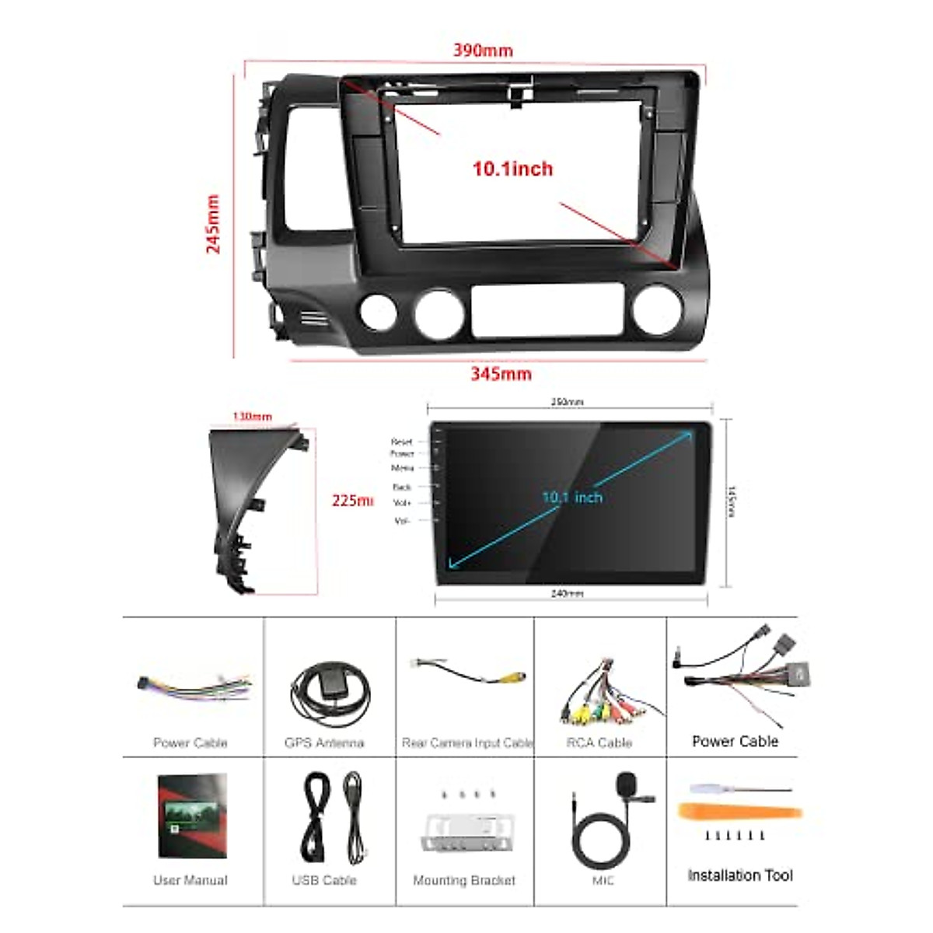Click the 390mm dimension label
(x=483, y=51)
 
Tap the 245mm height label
(x=213, y=224)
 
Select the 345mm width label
(x=501, y=374)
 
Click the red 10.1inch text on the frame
(x=512, y=169)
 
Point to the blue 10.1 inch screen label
(x=572, y=497)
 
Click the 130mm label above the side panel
(x=253, y=417)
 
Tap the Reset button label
(x=402, y=442)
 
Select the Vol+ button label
(x=402, y=503)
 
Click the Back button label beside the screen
(x=402, y=487)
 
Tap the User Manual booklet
(x=192, y=816)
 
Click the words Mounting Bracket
(x=464, y=880)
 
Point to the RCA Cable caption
(x=599, y=743)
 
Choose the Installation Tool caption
(x=740, y=875)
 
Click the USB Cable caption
(x=324, y=880)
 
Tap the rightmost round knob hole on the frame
(x=657, y=310)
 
